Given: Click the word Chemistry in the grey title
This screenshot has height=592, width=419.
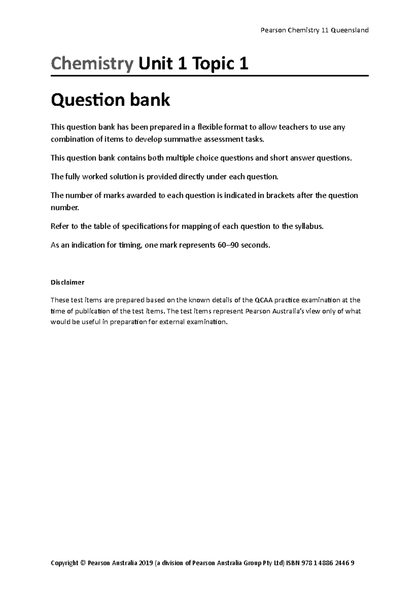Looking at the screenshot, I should click(x=92, y=64).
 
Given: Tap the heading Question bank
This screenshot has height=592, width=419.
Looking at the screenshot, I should click(x=110, y=100).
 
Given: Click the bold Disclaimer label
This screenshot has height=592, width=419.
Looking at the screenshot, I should click(x=67, y=282).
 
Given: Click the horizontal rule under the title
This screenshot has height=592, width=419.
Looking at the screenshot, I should click(x=209, y=76).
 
